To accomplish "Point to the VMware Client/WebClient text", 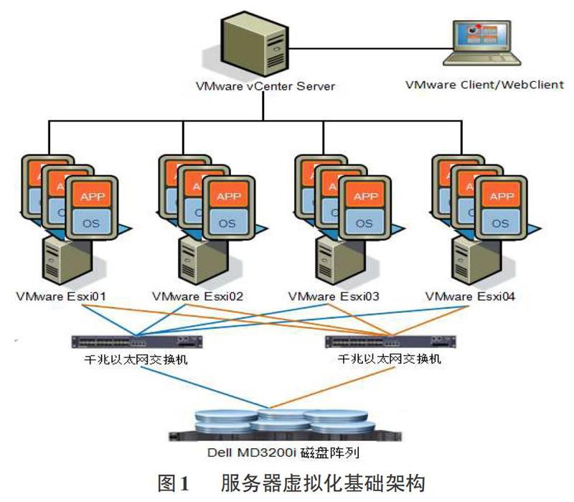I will pos(484,84).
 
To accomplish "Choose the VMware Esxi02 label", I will pos(194,296).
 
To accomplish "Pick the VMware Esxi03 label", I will pos(333,296).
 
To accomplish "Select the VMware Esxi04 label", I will pos(470,296).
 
